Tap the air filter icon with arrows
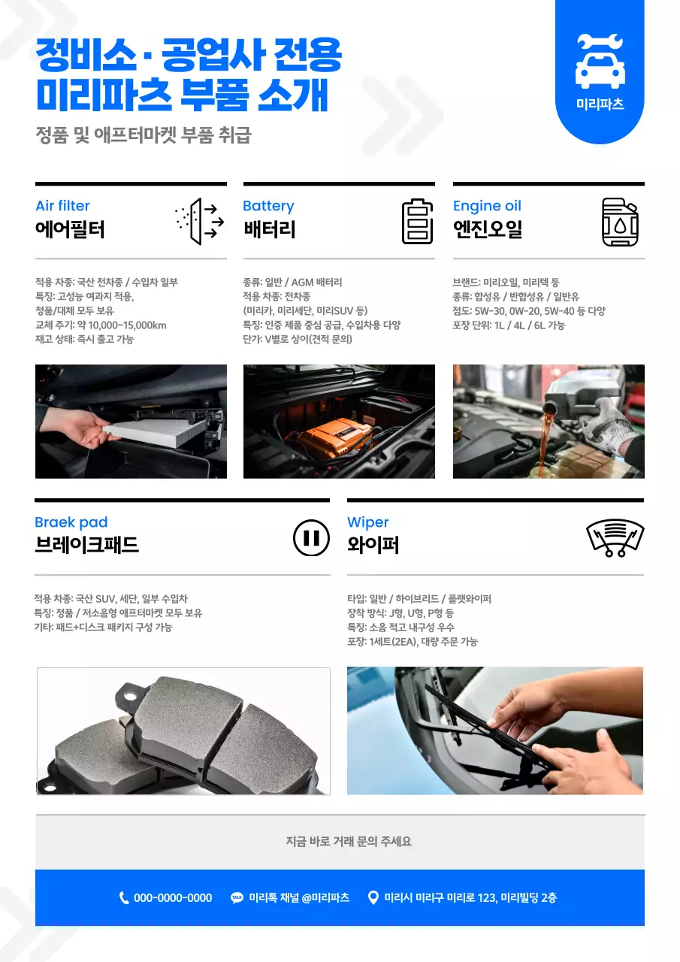tap(199, 221)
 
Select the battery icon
tap(417, 221)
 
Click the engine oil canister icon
tap(620, 222)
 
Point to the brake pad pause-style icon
tap(311, 538)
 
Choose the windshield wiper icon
tap(615, 538)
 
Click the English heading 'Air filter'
tap(62, 206)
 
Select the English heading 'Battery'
tap(268, 206)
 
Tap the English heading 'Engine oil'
tap(487, 206)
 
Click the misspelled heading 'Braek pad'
tap(71, 522)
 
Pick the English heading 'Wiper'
tap(367, 522)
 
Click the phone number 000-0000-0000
tap(173, 897)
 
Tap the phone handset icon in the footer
tap(124, 897)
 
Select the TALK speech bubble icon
tap(237, 897)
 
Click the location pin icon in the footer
tap(373, 897)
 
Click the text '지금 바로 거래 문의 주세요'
tap(349, 841)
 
